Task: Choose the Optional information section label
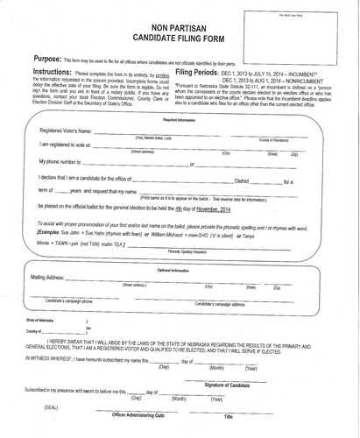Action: (180, 246)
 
